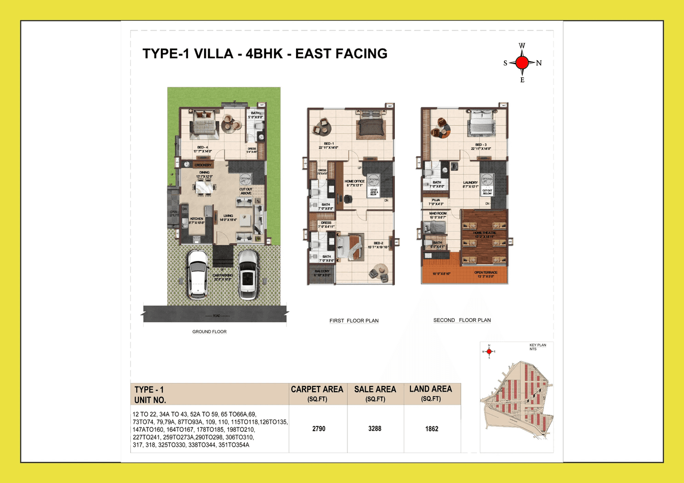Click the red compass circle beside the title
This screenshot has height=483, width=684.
tap(522, 63)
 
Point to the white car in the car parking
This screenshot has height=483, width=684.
tap(198, 274)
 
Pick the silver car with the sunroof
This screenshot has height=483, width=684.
tap(247, 274)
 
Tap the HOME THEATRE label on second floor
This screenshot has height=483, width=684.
tap(484, 233)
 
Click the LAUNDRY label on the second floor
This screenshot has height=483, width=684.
tap(471, 183)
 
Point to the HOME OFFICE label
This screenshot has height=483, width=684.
tap(355, 181)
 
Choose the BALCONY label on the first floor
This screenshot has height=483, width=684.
tap(322, 272)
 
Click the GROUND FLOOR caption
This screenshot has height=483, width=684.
tap(209, 331)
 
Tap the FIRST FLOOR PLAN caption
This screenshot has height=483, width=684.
tap(354, 321)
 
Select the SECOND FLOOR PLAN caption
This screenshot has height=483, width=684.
tap(462, 320)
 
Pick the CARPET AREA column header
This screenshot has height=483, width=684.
tap(317, 390)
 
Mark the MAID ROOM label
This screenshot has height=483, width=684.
tap(438, 213)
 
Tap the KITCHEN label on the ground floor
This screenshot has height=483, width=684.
tap(196, 219)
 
